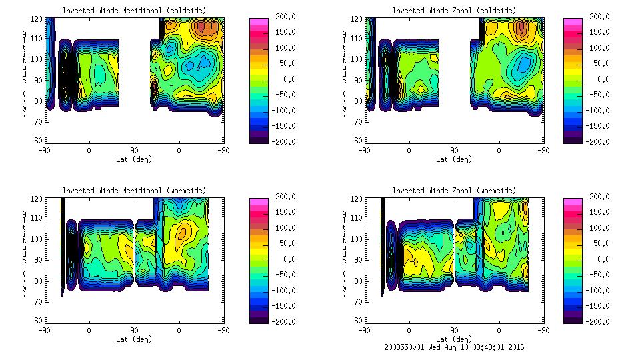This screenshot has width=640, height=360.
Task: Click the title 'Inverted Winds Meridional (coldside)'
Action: click(134, 11)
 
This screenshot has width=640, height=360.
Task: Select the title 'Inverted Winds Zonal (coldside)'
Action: click(453, 11)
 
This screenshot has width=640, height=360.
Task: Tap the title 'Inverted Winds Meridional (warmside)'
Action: click(134, 191)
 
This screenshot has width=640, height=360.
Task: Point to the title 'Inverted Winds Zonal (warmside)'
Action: click(453, 191)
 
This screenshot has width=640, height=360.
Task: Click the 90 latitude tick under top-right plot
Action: click(454, 151)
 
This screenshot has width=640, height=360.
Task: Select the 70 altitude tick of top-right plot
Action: click(358, 121)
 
